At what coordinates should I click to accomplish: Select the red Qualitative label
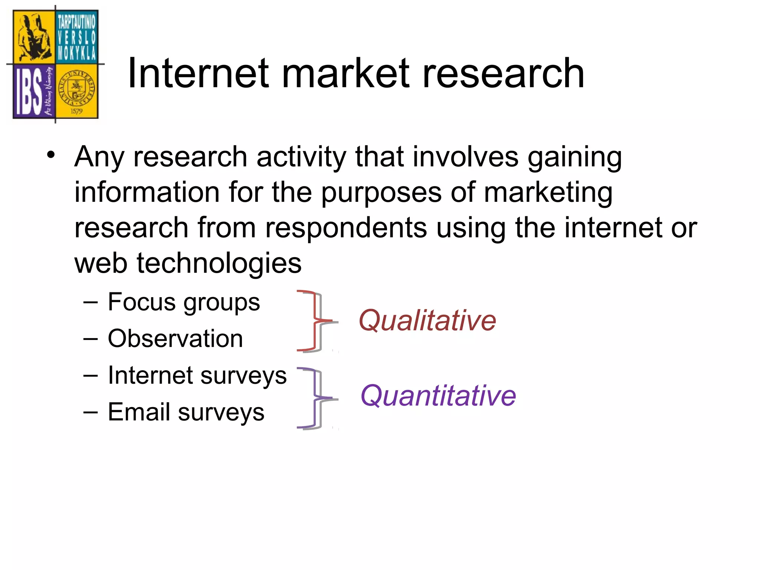coord(427,320)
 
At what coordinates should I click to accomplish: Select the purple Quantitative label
coord(438,396)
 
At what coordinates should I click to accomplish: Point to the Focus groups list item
coord(184,302)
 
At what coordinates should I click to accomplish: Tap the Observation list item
coord(175,338)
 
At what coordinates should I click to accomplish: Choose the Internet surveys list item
coord(197,375)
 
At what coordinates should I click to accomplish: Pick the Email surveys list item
coord(186,412)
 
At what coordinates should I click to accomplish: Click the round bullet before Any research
coord(51,155)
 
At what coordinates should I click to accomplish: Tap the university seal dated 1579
coord(77,91)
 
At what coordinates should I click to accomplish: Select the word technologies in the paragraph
coord(219,263)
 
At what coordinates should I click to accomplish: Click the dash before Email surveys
coord(91,412)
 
